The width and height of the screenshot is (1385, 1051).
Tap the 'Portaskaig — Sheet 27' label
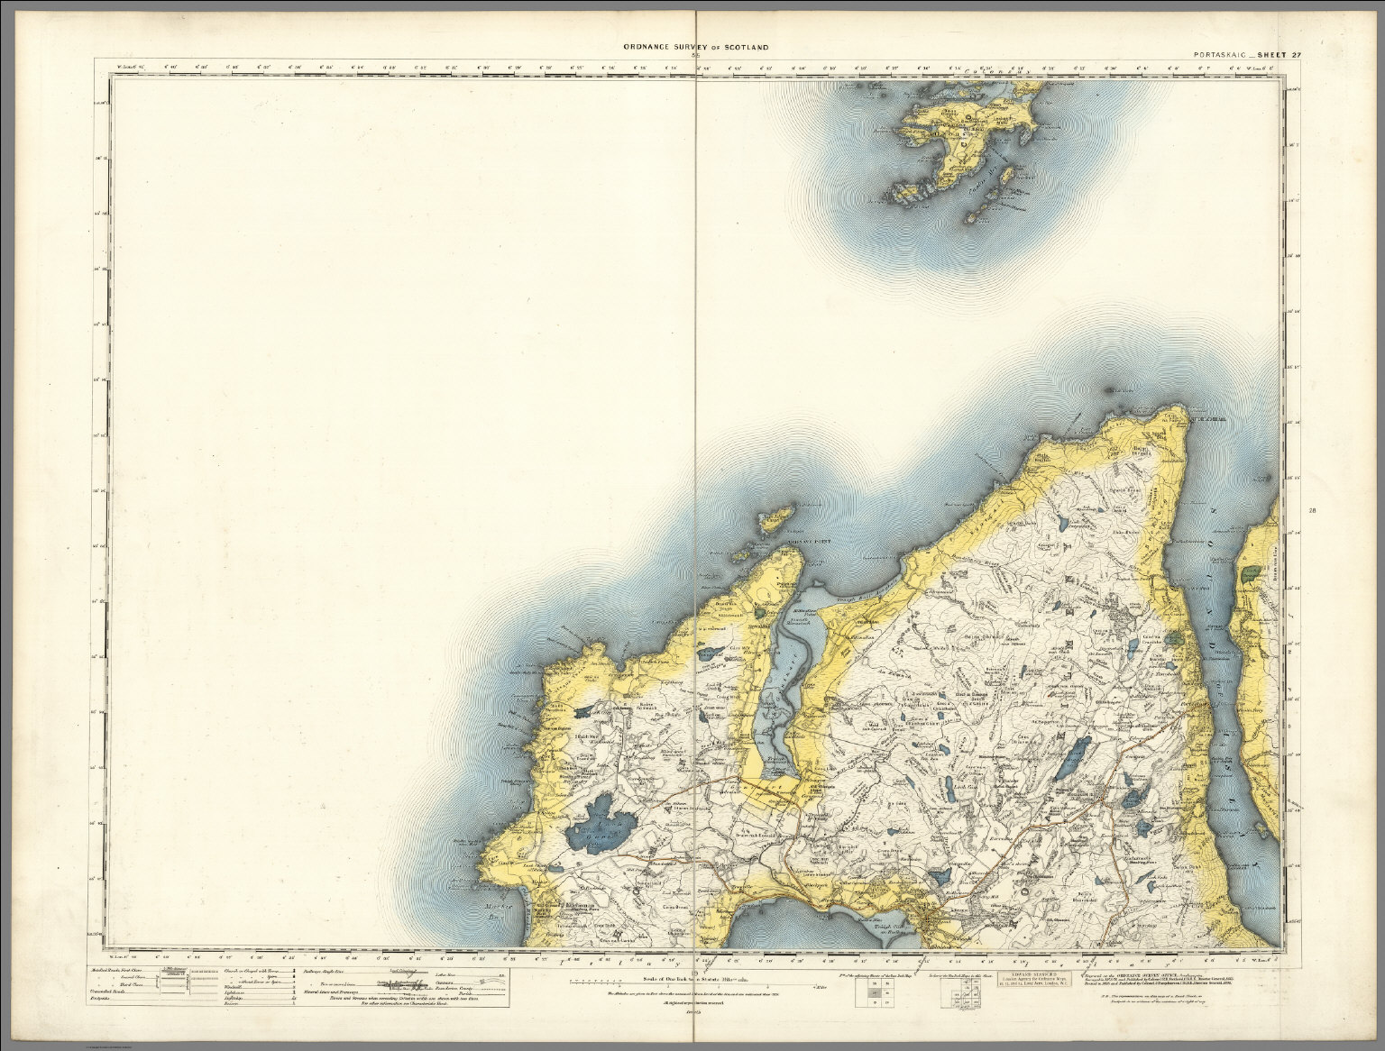click(1244, 55)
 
